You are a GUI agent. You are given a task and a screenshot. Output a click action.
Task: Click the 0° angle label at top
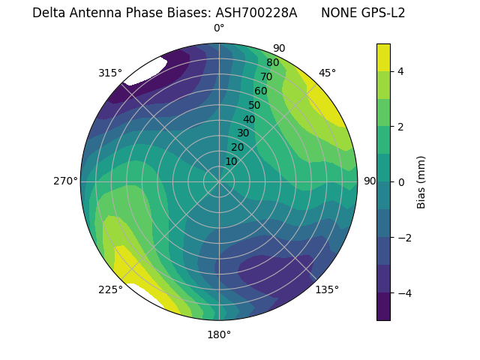pos(219,28)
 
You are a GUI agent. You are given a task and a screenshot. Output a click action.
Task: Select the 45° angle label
pos(327,73)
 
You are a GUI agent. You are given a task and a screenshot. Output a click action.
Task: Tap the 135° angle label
pos(327,289)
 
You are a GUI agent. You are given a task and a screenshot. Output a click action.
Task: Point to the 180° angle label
pos(219,334)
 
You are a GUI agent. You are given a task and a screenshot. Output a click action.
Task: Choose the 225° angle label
pos(110,290)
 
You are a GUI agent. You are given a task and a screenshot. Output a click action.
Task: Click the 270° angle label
pos(65,181)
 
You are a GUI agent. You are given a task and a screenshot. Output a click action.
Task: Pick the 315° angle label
pos(110,73)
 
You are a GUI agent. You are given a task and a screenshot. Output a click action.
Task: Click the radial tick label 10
pos(231,161)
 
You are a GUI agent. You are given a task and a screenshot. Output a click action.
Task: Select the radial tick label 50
pos(255,105)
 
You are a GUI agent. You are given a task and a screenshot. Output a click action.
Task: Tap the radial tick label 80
pos(272,63)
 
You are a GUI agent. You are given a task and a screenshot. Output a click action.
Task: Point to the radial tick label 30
pos(243,133)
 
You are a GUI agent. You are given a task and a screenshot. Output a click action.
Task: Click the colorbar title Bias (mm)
pos(421,181)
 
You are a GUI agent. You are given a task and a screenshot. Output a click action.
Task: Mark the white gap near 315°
pos(145,71)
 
